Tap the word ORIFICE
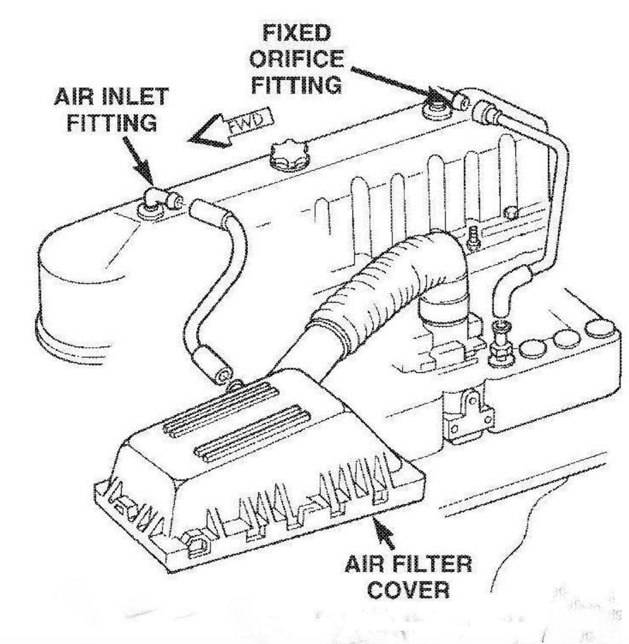click(x=296, y=59)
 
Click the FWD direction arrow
click(x=230, y=128)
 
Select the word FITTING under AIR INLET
click(x=112, y=123)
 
